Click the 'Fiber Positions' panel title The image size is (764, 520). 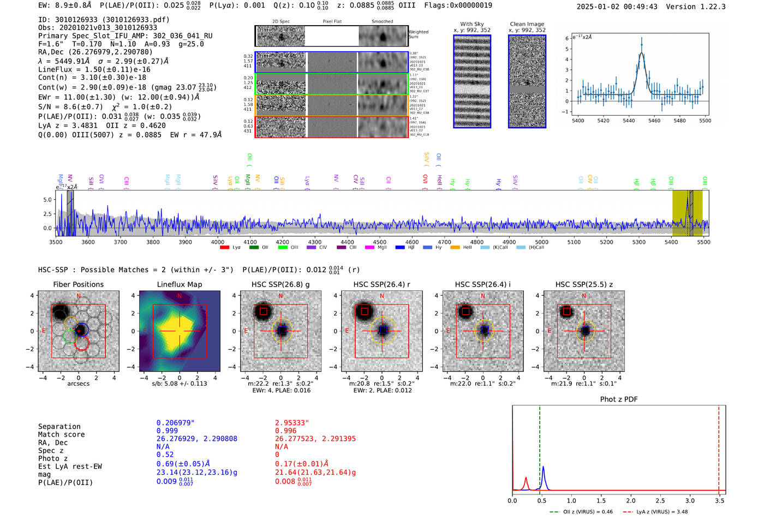coord(78,284)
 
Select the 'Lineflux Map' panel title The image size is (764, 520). coord(179,284)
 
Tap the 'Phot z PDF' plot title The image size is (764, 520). coord(619,399)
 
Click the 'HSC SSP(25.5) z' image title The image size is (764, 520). coord(584,284)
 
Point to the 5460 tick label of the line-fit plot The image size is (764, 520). coord(654,121)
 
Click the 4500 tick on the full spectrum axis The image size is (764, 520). coord(379,242)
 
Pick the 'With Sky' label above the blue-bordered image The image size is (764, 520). coord(472,24)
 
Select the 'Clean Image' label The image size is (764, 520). coord(527,24)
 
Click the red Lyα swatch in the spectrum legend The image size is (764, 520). coord(224,248)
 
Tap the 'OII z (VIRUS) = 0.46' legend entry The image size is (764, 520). coord(583,512)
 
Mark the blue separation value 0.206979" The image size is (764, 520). coord(175,423)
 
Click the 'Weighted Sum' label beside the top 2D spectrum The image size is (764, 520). coord(419,34)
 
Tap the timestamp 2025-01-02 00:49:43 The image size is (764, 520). coord(617,7)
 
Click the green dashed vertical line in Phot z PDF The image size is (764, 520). coord(539,447)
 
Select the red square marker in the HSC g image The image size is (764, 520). coord(264,312)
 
